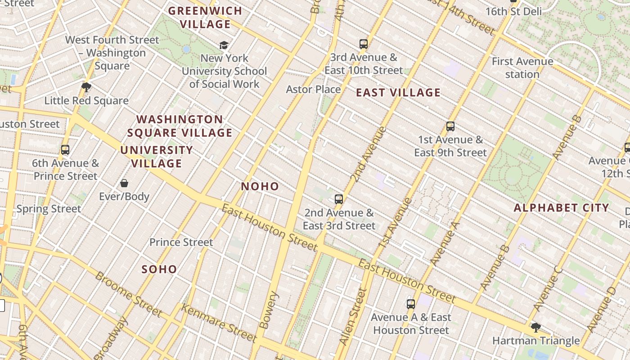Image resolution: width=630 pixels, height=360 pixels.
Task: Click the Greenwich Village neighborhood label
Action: [x=205, y=17]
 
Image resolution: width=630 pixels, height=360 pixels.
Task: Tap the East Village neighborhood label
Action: [x=398, y=93]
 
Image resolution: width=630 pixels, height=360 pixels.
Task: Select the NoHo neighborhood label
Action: [x=260, y=186]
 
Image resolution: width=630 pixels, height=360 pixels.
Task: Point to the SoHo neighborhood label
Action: [x=159, y=269]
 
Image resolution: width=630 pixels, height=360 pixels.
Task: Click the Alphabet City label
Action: [x=561, y=208]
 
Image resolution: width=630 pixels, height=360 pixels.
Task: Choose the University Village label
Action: [x=157, y=157]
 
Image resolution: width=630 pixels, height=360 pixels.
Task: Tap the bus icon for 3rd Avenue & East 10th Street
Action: [x=364, y=44]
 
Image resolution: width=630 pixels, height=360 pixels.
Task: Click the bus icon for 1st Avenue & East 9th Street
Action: [x=450, y=126]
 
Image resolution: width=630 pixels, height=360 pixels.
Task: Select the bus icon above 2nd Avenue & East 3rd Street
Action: [x=339, y=199]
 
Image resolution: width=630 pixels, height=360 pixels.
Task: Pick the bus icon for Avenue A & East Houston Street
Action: [x=411, y=304]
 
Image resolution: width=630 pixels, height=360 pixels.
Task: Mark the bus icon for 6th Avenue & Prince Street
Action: [x=65, y=150]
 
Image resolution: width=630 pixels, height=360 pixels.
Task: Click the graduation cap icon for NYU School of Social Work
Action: [x=224, y=45]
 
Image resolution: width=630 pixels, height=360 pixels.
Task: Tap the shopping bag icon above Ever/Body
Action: [x=124, y=183]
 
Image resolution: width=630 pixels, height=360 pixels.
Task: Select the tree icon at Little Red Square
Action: [x=86, y=87]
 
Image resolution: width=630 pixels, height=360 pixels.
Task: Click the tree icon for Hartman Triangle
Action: [x=535, y=327]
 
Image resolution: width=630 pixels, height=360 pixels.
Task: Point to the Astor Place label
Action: [x=313, y=89]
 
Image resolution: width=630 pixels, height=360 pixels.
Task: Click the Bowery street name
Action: [x=270, y=310]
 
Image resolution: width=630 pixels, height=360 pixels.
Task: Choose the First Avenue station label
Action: [x=522, y=67]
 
